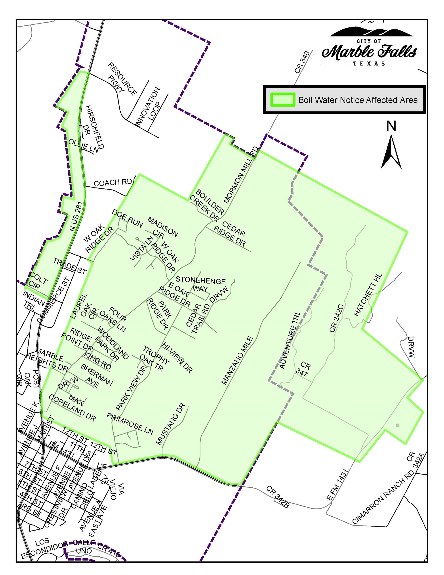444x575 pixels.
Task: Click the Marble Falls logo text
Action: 369,52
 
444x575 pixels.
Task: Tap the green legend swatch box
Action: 283,100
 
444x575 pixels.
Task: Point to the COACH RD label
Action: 112,183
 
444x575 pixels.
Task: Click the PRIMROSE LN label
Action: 130,423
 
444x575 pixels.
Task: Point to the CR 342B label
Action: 278,496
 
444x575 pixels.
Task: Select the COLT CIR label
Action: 37,282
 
